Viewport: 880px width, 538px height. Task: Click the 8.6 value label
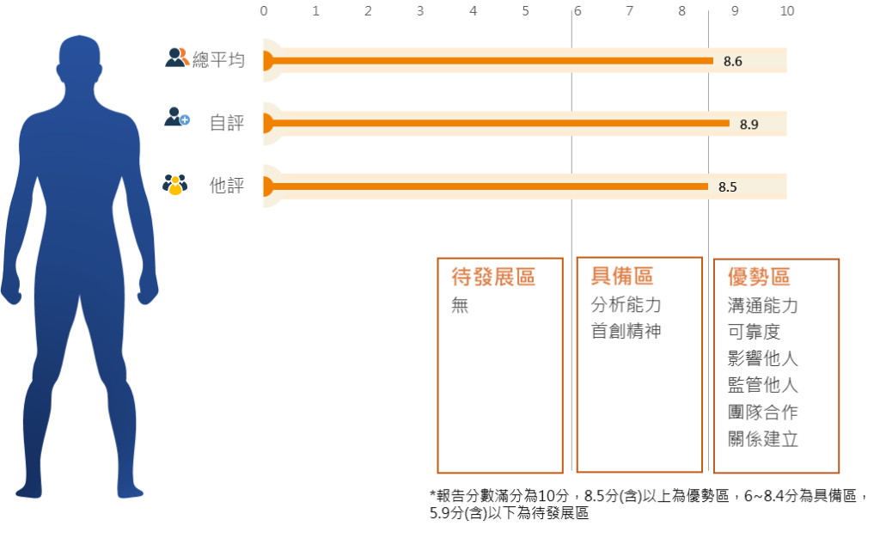(732, 61)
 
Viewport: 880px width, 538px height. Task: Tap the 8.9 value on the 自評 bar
(749, 124)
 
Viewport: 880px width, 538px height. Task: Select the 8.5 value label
(727, 186)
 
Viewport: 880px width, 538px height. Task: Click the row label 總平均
(218, 60)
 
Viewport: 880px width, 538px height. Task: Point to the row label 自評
(227, 123)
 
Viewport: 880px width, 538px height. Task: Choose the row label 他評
(227, 186)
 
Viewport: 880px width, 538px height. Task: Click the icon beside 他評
(174, 185)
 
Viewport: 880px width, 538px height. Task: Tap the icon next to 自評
(177, 118)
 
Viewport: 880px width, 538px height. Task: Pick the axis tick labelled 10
(786, 11)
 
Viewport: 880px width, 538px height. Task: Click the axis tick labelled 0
(264, 11)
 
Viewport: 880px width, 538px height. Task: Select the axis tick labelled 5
(525, 11)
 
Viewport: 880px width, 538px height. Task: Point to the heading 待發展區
(493, 277)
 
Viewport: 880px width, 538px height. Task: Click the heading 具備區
(622, 276)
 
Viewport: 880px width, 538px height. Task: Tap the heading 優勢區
(759, 277)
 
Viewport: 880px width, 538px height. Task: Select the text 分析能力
(626, 305)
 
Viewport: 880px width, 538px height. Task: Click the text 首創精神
(626, 332)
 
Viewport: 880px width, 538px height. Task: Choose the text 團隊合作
(762, 412)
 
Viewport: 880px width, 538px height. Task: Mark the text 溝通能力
(762, 305)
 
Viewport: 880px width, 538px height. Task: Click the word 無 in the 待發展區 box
(461, 305)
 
